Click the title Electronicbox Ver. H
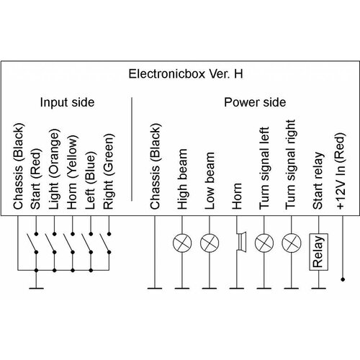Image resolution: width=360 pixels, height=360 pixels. click(180, 74)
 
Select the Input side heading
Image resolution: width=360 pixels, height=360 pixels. click(67, 102)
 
